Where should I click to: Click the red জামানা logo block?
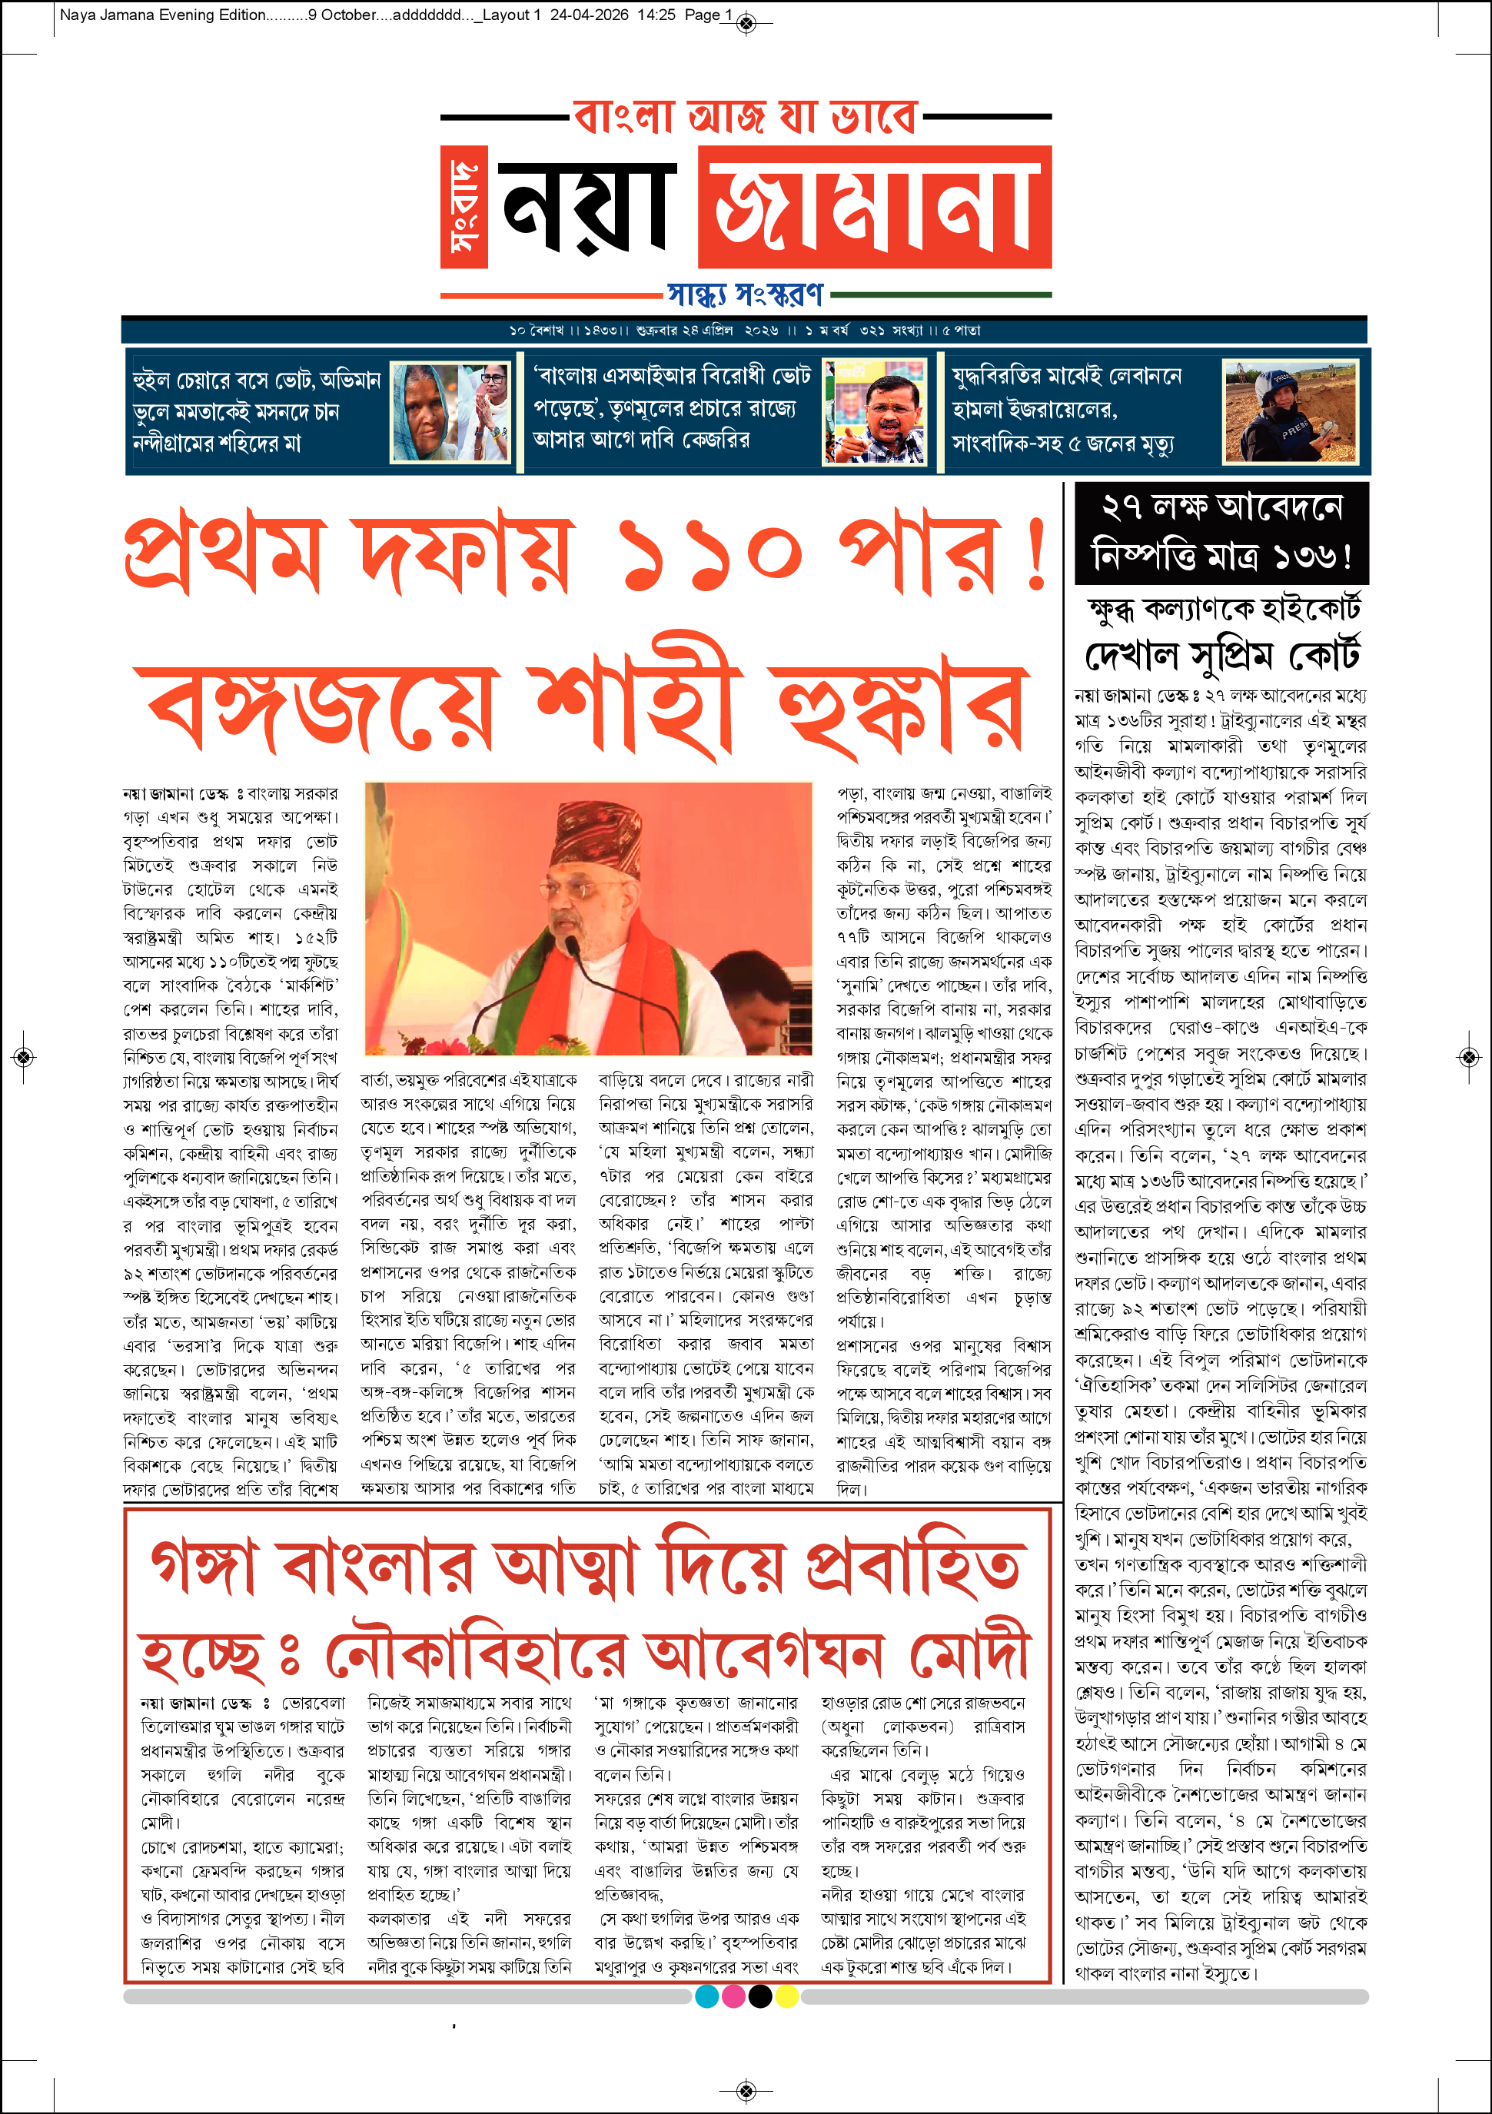click(x=875, y=207)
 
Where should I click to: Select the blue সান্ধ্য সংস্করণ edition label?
click(x=746, y=294)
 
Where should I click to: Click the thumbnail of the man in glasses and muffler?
click(x=875, y=413)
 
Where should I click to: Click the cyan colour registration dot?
click(x=707, y=1996)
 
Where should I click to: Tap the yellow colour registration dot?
click(x=787, y=1996)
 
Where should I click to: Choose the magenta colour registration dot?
click(x=733, y=1996)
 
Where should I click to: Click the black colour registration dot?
click(x=760, y=1996)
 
